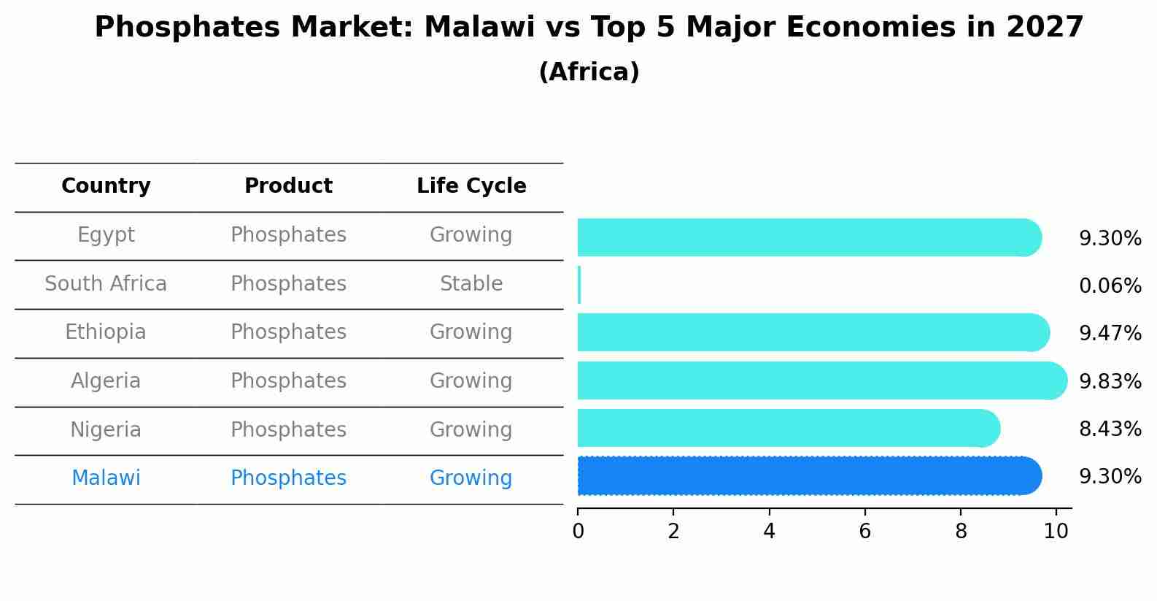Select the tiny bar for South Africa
(x=579, y=285)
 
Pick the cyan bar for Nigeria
(x=788, y=428)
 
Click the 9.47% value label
(x=1110, y=334)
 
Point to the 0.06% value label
(x=1110, y=286)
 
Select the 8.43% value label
(x=1110, y=429)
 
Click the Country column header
(x=106, y=186)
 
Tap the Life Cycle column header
(x=471, y=186)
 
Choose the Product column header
(x=288, y=186)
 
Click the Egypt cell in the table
(x=106, y=235)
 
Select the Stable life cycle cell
(x=471, y=284)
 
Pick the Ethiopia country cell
(x=106, y=332)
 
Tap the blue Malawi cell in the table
(x=106, y=478)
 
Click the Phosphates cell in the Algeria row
(x=288, y=381)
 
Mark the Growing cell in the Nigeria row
(x=471, y=430)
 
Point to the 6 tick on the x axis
(x=864, y=531)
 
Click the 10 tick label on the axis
(x=1056, y=531)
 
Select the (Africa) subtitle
(x=589, y=72)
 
